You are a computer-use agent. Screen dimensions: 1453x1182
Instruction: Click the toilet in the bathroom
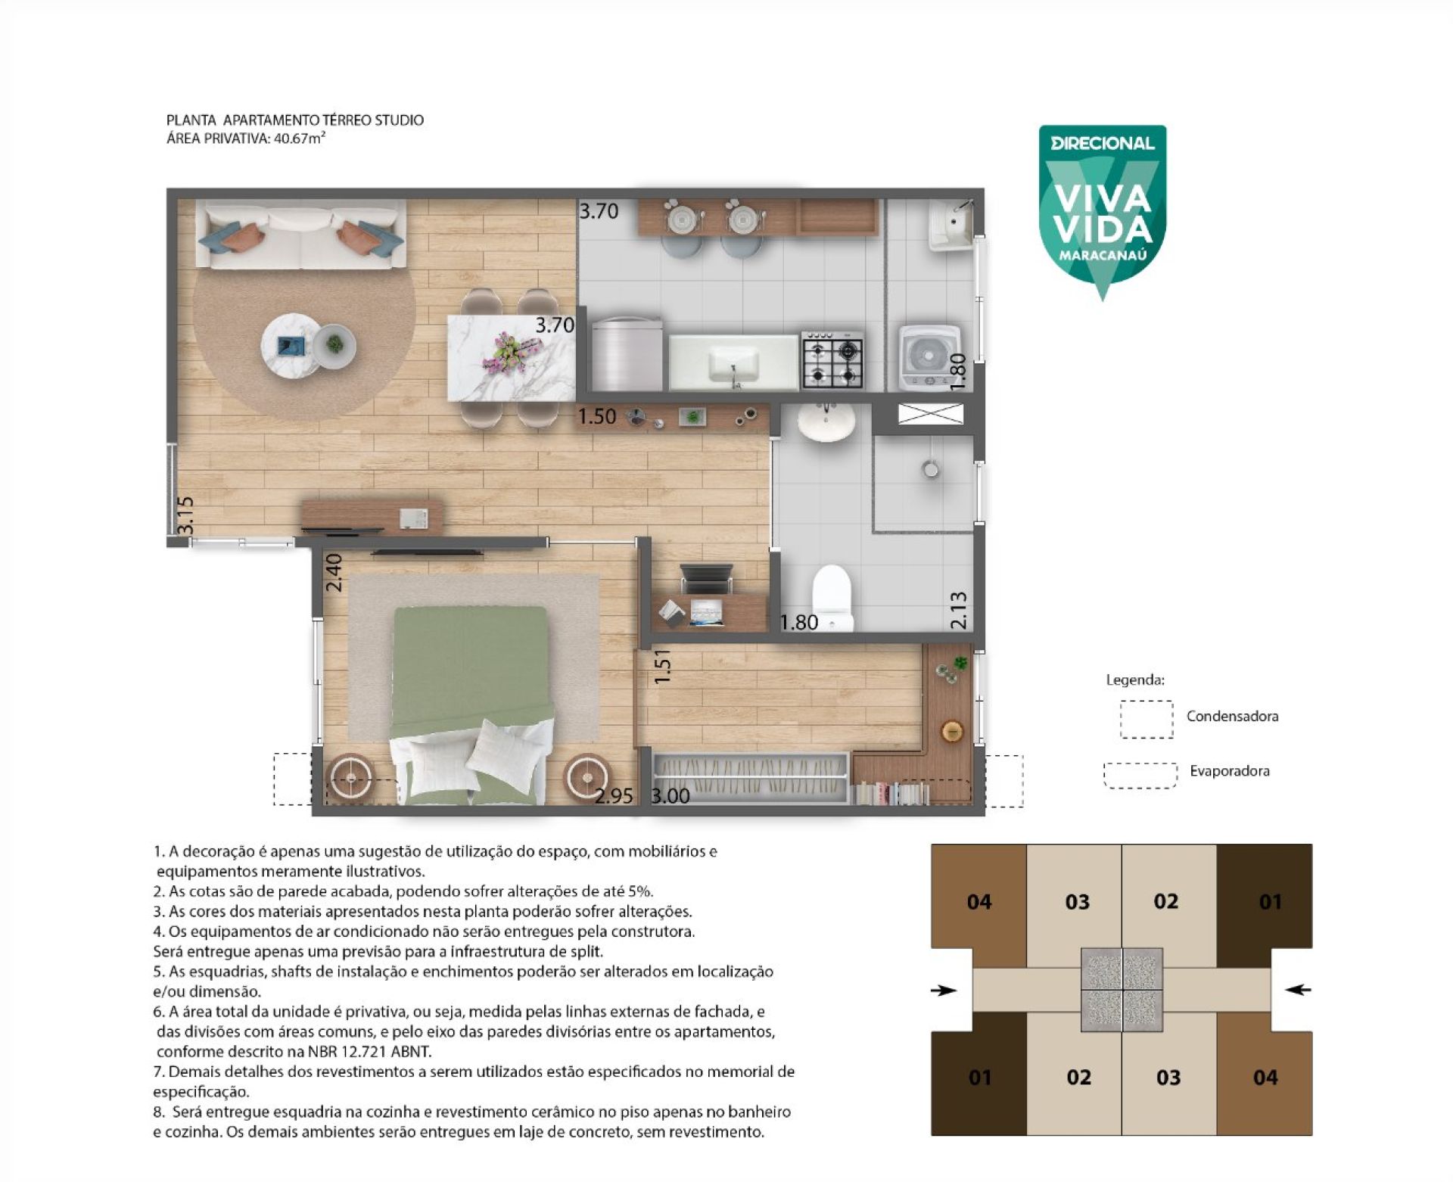tap(832, 597)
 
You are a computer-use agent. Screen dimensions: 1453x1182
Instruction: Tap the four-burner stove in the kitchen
tap(832, 359)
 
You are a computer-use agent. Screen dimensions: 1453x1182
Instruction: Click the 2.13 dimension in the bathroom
tap(958, 610)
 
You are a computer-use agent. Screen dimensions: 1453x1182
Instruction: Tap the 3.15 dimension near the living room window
tap(185, 515)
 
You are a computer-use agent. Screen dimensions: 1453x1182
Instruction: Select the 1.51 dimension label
tap(663, 667)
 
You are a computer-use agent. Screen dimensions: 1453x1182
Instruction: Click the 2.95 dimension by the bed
tap(614, 796)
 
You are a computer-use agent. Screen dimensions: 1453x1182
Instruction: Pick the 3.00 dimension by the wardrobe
tap(670, 796)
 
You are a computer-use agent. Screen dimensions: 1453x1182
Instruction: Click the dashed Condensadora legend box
tap(1147, 719)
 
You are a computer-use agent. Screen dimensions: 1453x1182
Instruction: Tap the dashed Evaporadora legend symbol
tap(1140, 775)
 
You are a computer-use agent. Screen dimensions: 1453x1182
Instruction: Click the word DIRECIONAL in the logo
tap(1103, 143)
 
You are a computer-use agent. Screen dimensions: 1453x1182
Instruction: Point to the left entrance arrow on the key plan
tap(944, 990)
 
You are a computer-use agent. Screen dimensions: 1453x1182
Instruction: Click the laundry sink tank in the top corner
tap(951, 223)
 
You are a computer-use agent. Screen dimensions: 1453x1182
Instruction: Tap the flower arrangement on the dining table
tap(513, 351)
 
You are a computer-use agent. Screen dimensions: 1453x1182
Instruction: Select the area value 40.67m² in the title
tap(300, 138)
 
